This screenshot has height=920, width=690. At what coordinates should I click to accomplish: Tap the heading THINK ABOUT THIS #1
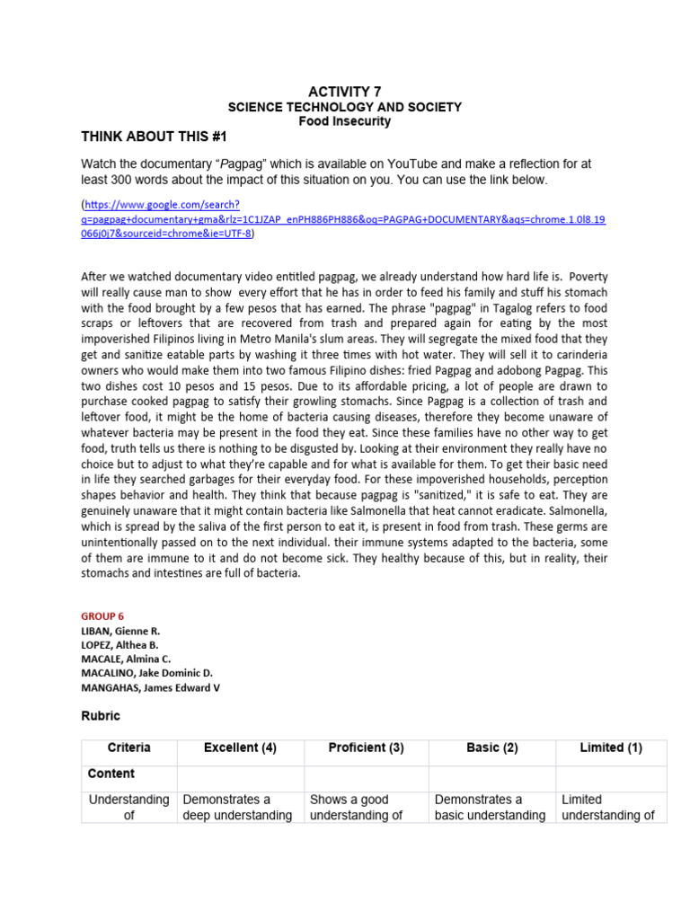(155, 137)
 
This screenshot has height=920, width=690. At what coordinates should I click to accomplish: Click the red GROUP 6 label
(102, 616)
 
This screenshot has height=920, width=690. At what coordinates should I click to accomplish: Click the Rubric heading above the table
(101, 716)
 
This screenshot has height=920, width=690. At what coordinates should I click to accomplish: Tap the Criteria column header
(129, 747)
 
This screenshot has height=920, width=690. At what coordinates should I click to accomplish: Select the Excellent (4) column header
(240, 747)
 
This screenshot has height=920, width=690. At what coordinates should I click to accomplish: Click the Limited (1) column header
(611, 747)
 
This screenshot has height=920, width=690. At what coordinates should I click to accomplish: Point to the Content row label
(111, 774)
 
